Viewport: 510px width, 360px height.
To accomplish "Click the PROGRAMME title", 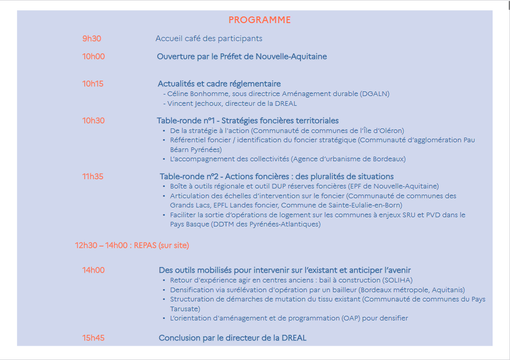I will pyautogui.click(x=259, y=20).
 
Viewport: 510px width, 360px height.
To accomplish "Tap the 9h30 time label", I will pyautogui.click(x=91, y=39).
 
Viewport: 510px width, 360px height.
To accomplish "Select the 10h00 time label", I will pyautogui.click(x=93, y=56).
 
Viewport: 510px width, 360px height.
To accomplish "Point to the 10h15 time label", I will pyautogui.click(x=93, y=84).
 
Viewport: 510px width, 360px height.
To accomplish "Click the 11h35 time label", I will pyautogui.click(x=93, y=177).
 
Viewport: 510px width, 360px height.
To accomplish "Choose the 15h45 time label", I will pyautogui.click(x=93, y=338).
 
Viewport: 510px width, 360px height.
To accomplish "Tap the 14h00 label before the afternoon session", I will pyautogui.click(x=93, y=270).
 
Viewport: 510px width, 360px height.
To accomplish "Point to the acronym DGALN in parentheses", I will pyautogui.click(x=374, y=93).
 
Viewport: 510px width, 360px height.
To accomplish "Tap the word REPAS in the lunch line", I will pyautogui.click(x=145, y=245).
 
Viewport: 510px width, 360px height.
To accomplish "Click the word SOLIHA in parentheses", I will pyautogui.click(x=398, y=280).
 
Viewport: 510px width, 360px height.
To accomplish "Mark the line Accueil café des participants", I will pyautogui.click(x=209, y=39).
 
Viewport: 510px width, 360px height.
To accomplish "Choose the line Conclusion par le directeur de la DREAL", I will pyautogui.click(x=232, y=338).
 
